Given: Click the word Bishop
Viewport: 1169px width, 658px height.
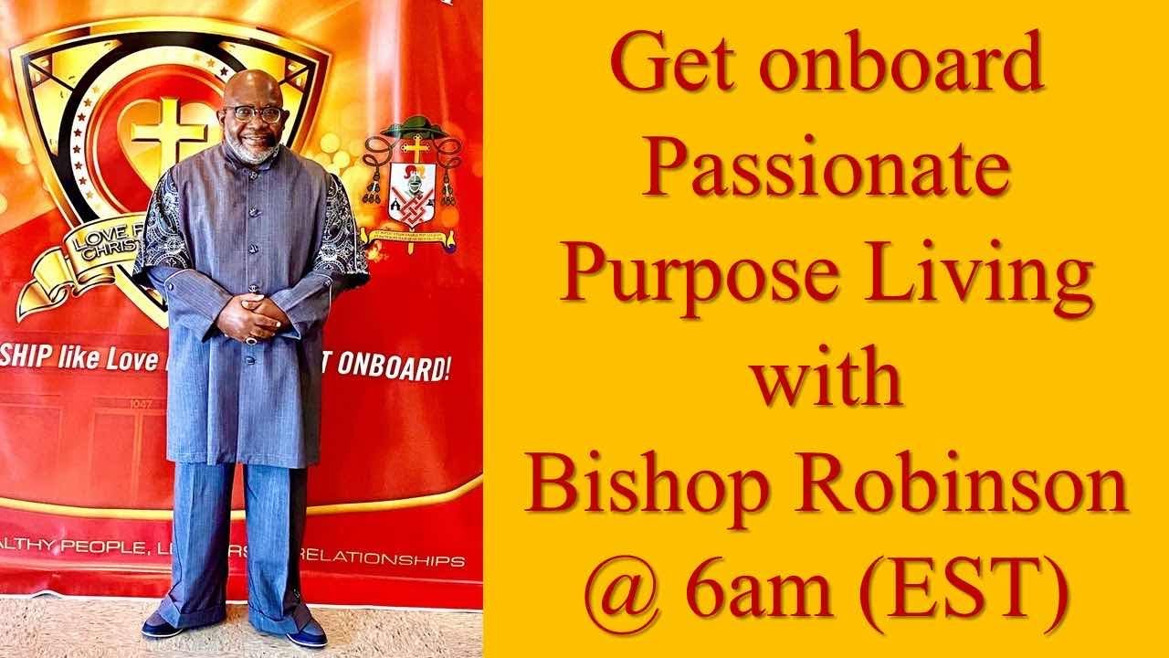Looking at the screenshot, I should click(x=657, y=485).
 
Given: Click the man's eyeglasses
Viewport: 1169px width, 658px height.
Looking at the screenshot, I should click(x=254, y=113).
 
